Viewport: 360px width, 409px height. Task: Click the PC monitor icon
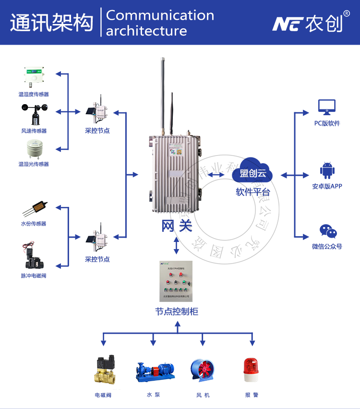click(x=327, y=107)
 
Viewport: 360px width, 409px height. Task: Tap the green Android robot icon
click(x=327, y=171)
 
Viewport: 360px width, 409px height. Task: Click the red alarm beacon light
click(x=251, y=370)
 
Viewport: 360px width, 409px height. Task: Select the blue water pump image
click(x=155, y=371)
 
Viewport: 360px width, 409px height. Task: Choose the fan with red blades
click(x=202, y=371)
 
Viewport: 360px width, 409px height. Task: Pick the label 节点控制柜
click(x=177, y=312)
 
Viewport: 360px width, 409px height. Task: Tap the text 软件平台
click(x=252, y=192)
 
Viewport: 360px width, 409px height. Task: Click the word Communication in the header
click(x=160, y=15)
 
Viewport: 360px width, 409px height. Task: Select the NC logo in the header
click(x=287, y=23)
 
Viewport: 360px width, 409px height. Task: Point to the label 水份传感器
click(x=34, y=224)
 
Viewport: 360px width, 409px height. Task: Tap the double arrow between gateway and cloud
click(x=216, y=175)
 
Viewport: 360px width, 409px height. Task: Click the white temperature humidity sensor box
click(x=34, y=77)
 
